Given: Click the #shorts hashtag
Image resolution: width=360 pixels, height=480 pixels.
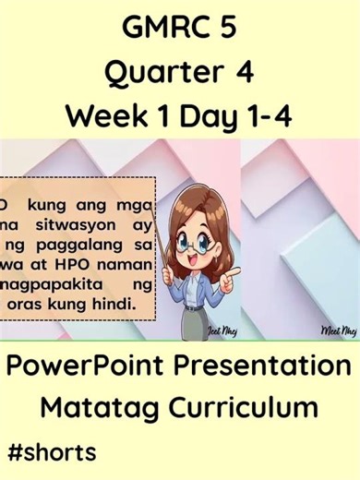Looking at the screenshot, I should (x=51, y=453).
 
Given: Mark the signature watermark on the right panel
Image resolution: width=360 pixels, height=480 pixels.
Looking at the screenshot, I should (x=338, y=330).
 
